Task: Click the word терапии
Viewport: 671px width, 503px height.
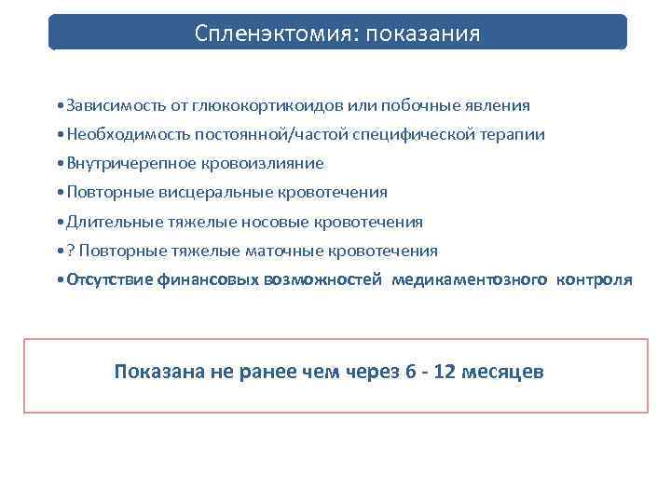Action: point(513,134)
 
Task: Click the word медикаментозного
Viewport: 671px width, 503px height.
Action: point(470,279)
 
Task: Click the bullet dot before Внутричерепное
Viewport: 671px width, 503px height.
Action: point(59,164)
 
